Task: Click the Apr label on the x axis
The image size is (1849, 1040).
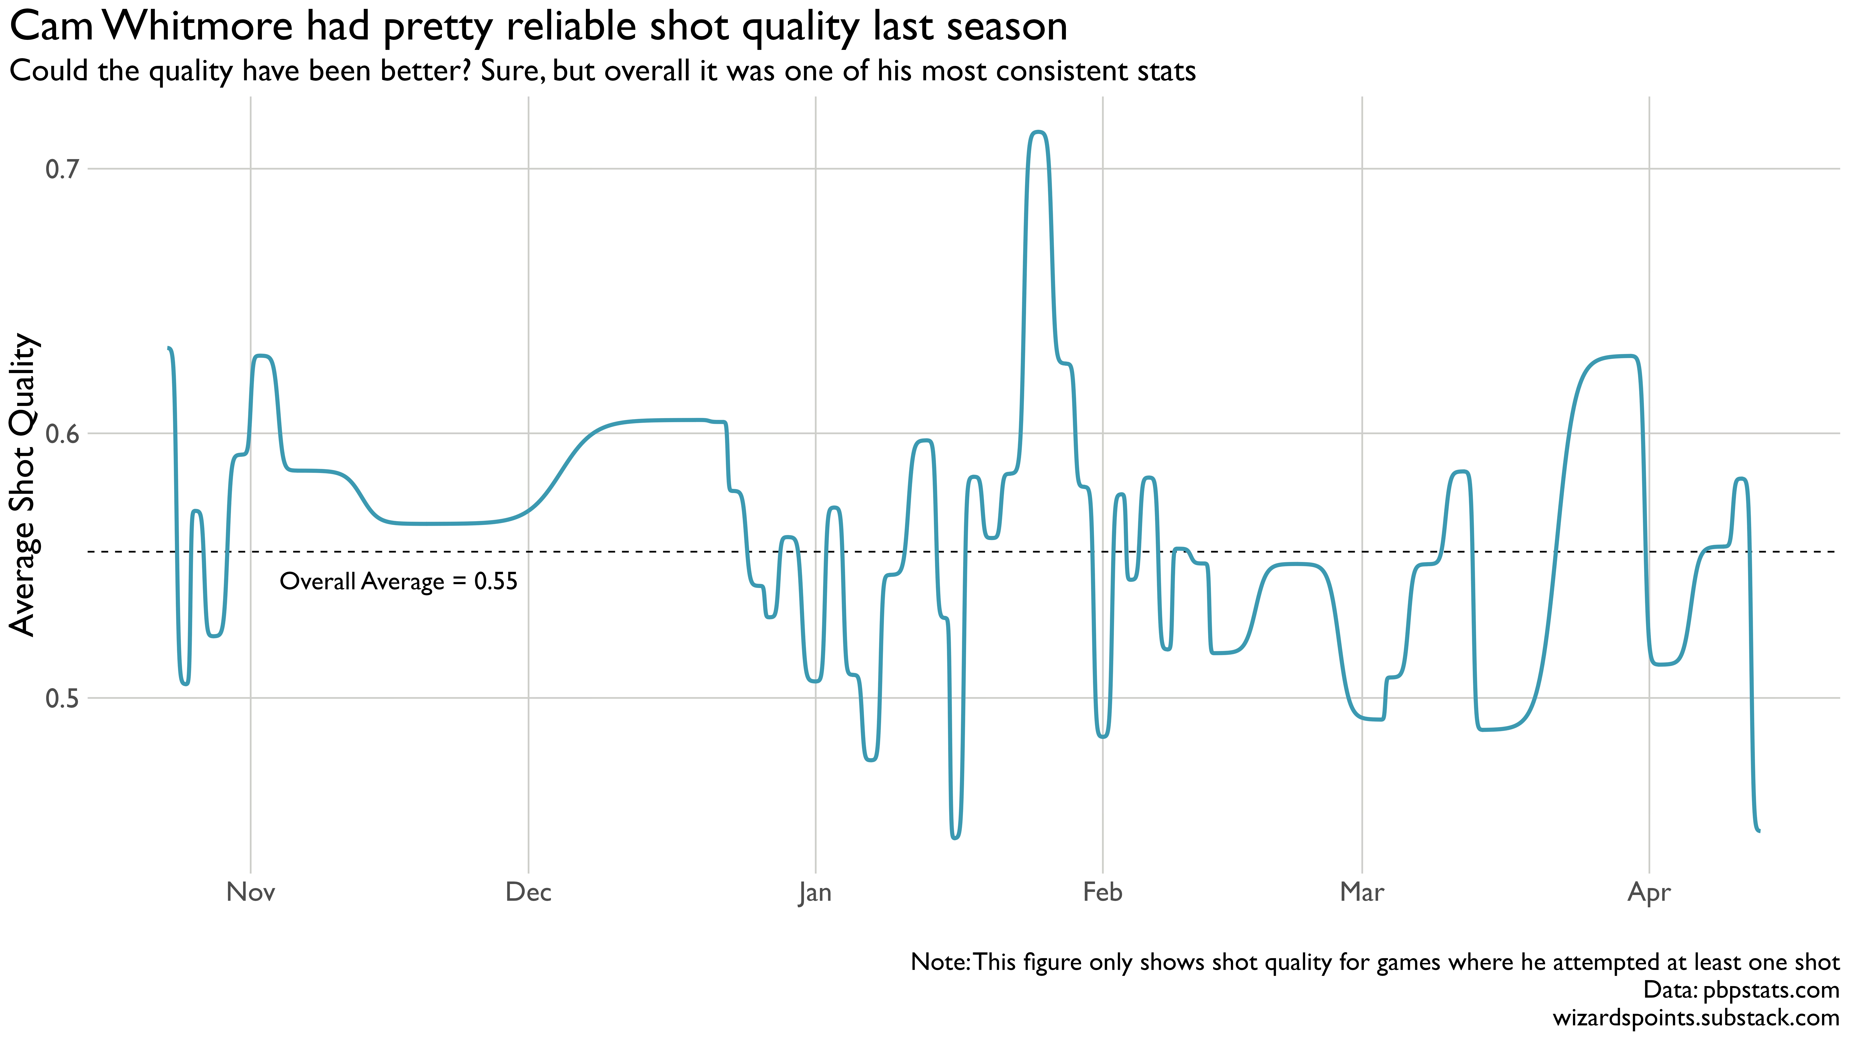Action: coord(1649,893)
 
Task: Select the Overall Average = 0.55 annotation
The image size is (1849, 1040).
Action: coord(398,581)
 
